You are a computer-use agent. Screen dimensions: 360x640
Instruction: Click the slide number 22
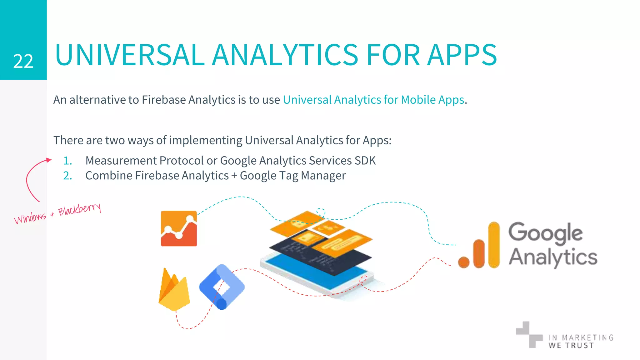[x=23, y=61]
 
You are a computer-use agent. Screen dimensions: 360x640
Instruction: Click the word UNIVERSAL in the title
[x=130, y=55]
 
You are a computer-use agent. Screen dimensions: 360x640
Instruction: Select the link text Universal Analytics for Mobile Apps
[x=373, y=100]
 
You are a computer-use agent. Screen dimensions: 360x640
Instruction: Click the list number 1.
[x=67, y=161]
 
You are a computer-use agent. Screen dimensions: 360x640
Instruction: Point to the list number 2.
[x=67, y=176]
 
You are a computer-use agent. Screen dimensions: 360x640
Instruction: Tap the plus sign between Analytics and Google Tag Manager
[x=234, y=176]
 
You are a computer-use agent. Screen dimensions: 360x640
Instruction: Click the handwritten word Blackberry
[x=80, y=209]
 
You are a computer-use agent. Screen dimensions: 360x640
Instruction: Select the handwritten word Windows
[x=30, y=217]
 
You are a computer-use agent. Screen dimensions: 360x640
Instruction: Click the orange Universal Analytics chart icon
[x=179, y=228]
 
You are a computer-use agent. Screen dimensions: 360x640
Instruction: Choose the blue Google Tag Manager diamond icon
[x=222, y=287]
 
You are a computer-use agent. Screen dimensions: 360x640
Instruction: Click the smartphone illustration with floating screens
[x=319, y=253]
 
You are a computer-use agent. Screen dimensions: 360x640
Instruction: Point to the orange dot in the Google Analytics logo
[x=464, y=262]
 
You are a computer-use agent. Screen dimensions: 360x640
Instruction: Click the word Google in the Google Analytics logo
[x=545, y=233]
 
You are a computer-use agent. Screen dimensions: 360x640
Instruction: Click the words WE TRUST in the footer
[x=571, y=345]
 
